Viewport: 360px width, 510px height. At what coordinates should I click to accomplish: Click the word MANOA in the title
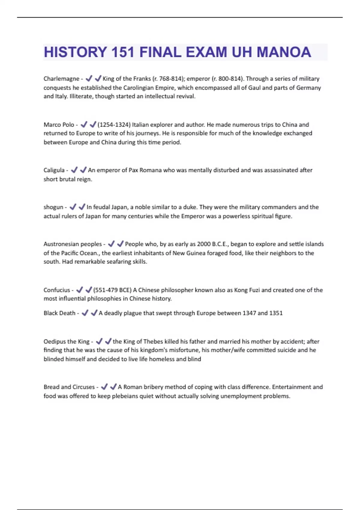coord(283,52)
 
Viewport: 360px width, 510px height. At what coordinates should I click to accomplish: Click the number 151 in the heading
coord(123,52)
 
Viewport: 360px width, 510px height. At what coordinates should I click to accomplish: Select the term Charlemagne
coord(61,79)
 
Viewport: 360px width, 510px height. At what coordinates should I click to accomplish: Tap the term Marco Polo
coord(59,124)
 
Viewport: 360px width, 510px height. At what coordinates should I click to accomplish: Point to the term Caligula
coord(54,170)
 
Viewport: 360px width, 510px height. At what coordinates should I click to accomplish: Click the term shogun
coord(53,207)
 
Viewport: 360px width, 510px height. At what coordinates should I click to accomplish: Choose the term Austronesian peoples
coord(73,244)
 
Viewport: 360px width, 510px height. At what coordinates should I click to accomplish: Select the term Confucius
coord(57,290)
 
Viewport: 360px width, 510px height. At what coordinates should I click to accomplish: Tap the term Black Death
coord(59,313)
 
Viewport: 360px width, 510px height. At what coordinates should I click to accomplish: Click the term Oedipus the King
coord(66,341)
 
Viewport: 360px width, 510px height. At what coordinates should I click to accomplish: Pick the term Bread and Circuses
coord(69,387)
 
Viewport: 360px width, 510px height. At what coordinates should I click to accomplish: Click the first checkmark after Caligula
coord(74,170)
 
